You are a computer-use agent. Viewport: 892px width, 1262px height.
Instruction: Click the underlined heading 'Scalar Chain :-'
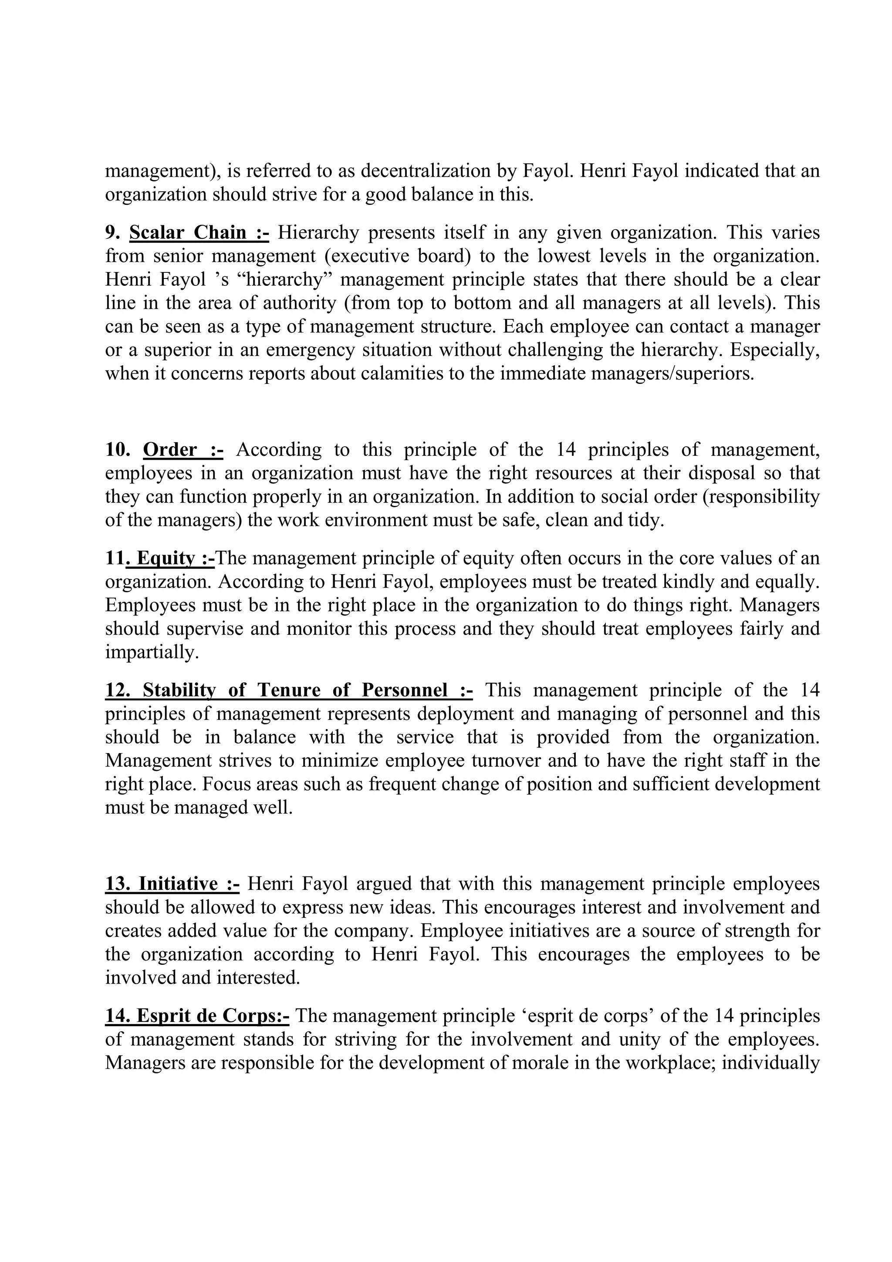click(199, 233)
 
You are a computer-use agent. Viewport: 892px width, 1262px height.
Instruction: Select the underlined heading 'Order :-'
click(183, 450)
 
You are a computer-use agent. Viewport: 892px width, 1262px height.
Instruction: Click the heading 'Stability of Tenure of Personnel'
click(289, 690)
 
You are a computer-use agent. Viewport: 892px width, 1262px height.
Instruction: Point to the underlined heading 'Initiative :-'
click(172, 884)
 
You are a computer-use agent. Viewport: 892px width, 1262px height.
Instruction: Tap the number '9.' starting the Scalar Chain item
click(113, 233)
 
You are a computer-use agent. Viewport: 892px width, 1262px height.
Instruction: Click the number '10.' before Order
click(118, 450)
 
